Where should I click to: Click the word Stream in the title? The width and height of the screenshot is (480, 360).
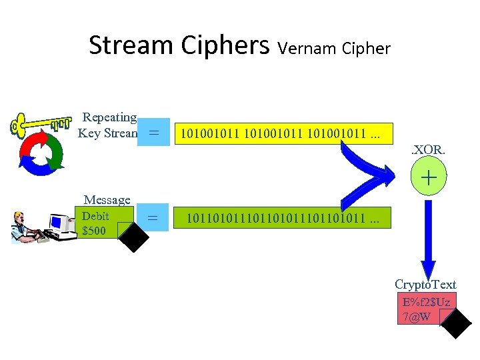[130, 45]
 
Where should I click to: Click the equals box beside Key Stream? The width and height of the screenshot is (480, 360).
[154, 133]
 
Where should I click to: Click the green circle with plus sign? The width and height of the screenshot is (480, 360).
[428, 178]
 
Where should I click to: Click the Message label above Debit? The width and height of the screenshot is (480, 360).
[107, 200]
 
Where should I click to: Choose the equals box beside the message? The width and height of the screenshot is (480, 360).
[153, 217]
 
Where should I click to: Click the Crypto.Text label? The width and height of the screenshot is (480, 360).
[425, 285]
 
